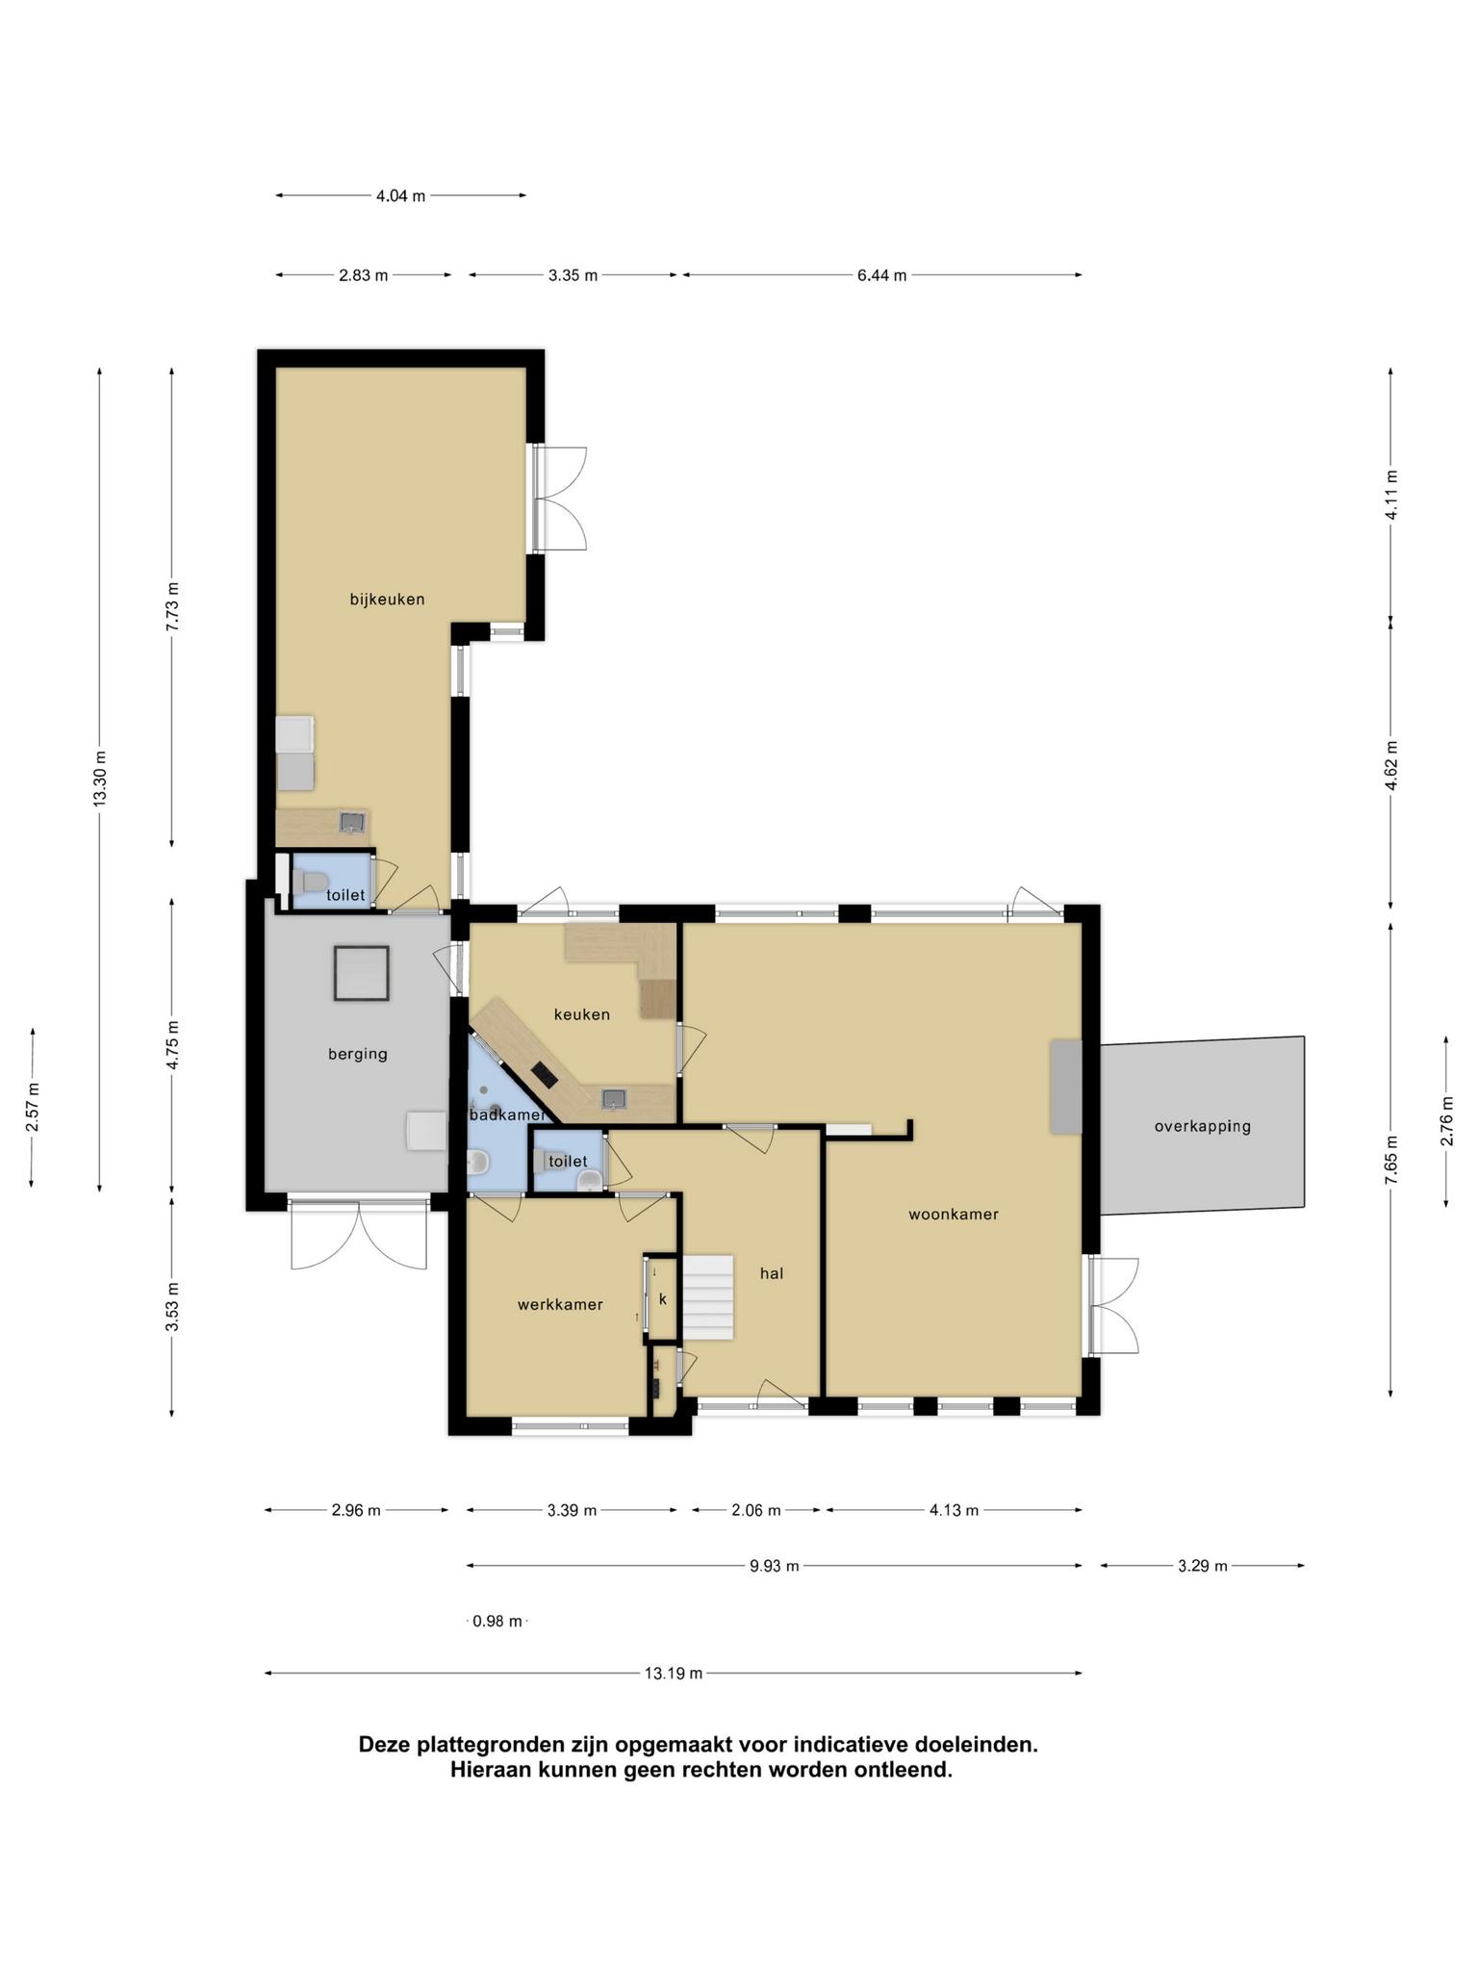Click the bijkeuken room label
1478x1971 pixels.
point(387,600)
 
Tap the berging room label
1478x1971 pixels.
point(358,1054)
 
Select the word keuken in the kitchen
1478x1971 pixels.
point(582,1014)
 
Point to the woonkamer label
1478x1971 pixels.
point(954,1215)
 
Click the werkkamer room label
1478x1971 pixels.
point(560,1305)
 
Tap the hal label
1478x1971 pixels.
point(772,1273)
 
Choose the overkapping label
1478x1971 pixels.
point(1203,1126)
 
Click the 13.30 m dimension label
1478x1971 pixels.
point(100,780)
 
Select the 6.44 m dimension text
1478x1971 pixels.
point(882,275)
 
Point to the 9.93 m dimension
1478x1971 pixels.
point(775,1566)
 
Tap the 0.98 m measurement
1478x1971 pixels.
point(497,1622)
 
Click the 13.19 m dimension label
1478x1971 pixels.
point(674,1674)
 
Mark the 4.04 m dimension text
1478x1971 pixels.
point(400,196)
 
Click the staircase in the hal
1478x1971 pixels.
point(708,1296)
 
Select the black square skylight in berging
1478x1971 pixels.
point(362,973)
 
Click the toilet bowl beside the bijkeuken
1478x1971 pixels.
point(311,880)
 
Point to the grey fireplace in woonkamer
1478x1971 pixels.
point(1065,1087)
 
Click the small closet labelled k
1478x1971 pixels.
point(662,1298)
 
